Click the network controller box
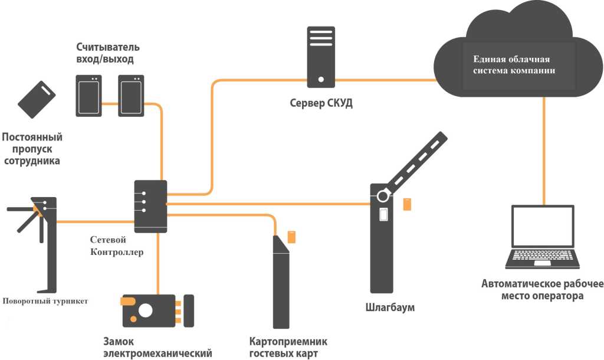tap(150, 206)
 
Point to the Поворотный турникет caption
tap(45, 301)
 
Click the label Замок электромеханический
tap(157, 348)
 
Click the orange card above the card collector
tap(291, 237)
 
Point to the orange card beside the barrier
tap(407, 204)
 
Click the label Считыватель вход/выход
tap(108, 53)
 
